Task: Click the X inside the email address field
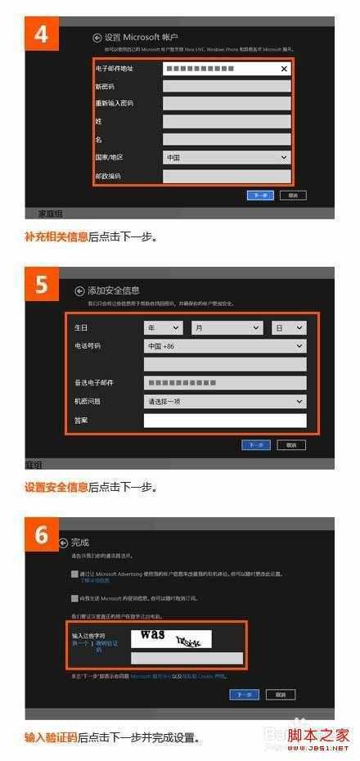[x=284, y=70]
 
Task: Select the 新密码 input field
[x=226, y=86]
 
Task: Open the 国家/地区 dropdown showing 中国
[x=226, y=157]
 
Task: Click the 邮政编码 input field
[x=226, y=176]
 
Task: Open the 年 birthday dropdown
[x=163, y=327]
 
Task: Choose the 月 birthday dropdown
[x=226, y=327]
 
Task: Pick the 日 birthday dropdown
[x=289, y=327]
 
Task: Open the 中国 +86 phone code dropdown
[x=224, y=346]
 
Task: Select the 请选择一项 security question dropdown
[x=224, y=402]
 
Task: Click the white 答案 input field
[x=224, y=421]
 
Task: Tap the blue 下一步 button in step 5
[x=255, y=445]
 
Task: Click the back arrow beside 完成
[x=63, y=543]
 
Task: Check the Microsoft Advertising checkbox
[x=74, y=575]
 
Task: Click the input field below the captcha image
[x=187, y=658]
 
